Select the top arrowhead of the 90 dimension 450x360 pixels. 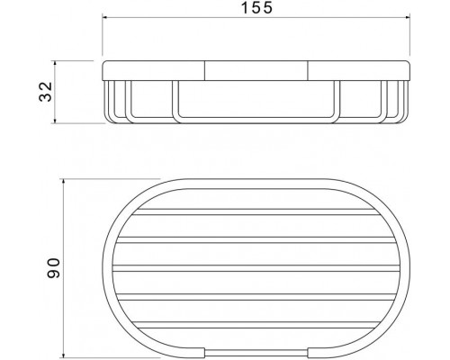click(65, 180)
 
